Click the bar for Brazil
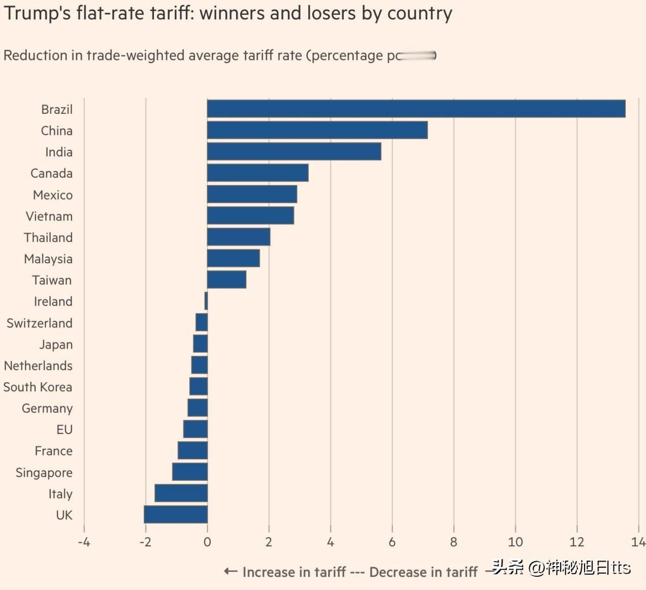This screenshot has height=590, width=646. (x=416, y=109)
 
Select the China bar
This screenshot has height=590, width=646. (x=317, y=130)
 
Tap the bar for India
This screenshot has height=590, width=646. (x=294, y=151)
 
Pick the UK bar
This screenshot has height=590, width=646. (x=176, y=514)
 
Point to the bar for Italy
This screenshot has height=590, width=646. (x=181, y=493)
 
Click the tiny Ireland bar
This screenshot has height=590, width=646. (x=206, y=301)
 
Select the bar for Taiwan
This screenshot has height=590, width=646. (x=227, y=280)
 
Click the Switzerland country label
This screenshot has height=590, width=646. (x=39, y=323)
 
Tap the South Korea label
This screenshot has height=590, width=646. (x=38, y=387)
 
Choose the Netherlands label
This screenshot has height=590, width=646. (x=38, y=366)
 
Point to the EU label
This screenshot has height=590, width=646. (x=64, y=430)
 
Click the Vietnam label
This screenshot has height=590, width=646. (x=49, y=216)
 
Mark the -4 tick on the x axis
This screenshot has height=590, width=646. (x=84, y=542)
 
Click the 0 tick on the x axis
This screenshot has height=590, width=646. (x=207, y=542)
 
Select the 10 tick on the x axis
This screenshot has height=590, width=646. (x=515, y=542)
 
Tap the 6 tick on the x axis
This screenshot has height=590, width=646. (x=392, y=542)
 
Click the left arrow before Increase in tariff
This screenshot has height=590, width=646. (x=231, y=572)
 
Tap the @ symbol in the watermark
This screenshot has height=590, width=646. (x=536, y=568)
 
